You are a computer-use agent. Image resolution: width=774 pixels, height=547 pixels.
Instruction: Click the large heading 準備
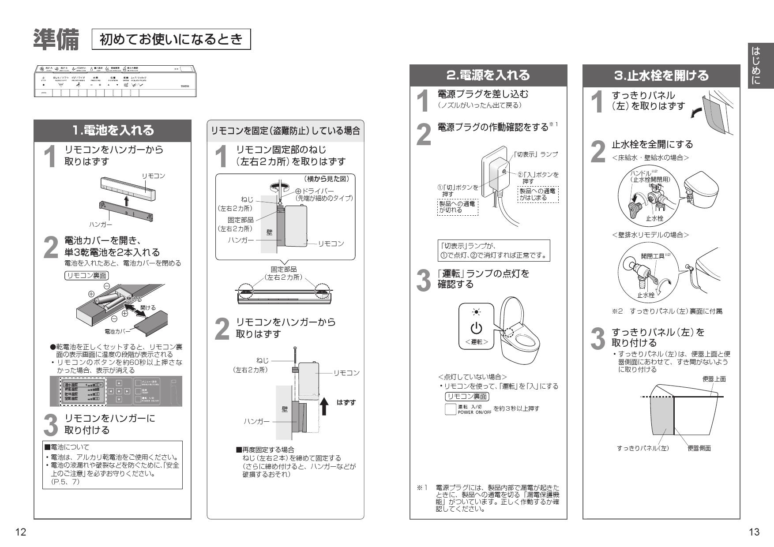[x=56, y=39]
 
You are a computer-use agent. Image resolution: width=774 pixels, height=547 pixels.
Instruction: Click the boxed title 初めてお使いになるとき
[x=171, y=39]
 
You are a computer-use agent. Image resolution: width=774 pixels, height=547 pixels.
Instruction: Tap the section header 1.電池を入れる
[x=113, y=130]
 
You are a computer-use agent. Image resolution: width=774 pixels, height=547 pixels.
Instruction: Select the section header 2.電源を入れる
[x=488, y=75]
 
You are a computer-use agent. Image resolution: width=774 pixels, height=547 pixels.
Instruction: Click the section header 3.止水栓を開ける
[x=661, y=75]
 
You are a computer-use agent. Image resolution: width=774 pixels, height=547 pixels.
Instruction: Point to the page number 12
[x=20, y=532]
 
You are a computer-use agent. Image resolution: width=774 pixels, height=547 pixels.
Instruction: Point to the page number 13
[x=754, y=532]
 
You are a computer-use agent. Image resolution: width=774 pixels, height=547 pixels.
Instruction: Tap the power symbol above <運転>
[x=476, y=328]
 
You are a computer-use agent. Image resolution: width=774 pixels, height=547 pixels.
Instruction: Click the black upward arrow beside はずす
[x=324, y=406]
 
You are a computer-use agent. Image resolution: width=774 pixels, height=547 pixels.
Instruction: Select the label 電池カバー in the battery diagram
[x=117, y=331]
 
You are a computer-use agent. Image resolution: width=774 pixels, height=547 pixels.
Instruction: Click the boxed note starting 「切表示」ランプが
[x=493, y=251]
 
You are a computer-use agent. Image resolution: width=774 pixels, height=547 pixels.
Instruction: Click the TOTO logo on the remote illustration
[x=184, y=86]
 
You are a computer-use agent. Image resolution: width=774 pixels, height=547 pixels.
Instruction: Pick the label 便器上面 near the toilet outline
[x=714, y=379]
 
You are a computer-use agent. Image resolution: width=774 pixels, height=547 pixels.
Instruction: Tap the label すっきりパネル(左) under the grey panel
[x=642, y=448]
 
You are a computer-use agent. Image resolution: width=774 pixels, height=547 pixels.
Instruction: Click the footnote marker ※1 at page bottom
[x=422, y=487]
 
